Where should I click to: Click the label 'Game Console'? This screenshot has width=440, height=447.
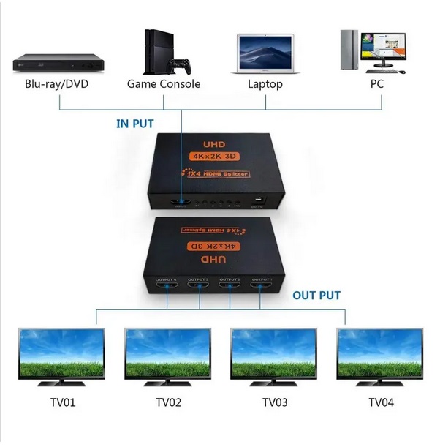[164, 83]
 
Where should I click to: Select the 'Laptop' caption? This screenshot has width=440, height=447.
[265, 83]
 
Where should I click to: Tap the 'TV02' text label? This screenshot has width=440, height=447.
[168, 402]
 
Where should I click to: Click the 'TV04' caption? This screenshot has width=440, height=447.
[381, 402]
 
